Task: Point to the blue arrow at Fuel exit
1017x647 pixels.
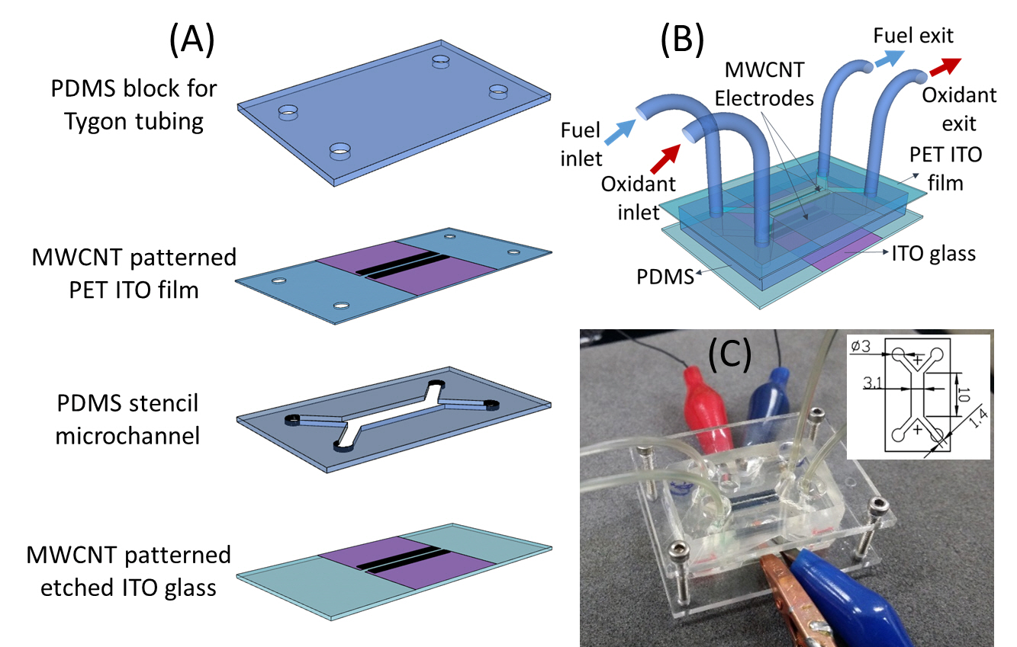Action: pos(887,58)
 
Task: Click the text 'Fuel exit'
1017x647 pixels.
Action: pos(913,35)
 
